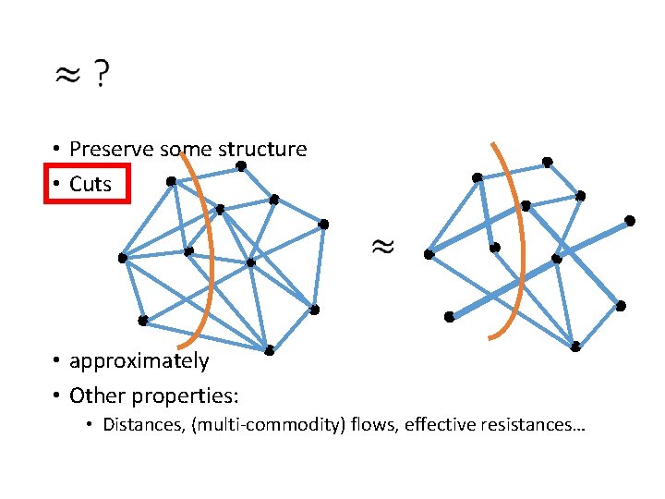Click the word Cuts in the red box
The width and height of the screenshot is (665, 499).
click(90, 184)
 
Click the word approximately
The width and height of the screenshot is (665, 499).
click(139, 360)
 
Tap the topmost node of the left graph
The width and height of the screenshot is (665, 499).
click(240, 166)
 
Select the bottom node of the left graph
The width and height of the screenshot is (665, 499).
click(268, 350)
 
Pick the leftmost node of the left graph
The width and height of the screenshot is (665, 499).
click(122, 258)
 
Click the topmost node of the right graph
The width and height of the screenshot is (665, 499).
click(547, 162)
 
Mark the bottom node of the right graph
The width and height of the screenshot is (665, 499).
click(574, 347)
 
